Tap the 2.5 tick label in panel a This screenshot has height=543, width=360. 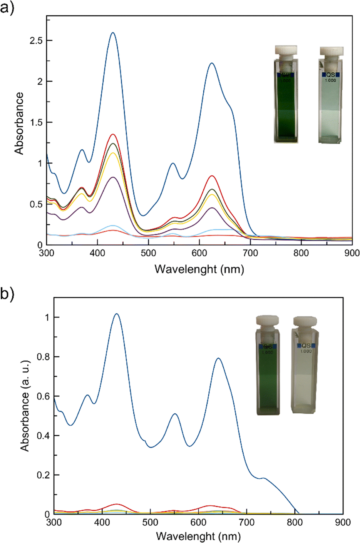coord(36,40)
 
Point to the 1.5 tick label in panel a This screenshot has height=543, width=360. coord(36,122)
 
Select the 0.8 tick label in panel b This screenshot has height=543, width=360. coord(44,357)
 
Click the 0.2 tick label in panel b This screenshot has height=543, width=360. coord(44,475)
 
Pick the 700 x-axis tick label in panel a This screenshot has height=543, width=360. coord(250,253)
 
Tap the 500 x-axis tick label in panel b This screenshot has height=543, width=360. coord(150,522)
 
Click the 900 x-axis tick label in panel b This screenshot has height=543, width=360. coord(343,522)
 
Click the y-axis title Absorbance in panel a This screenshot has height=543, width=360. coord(19,123)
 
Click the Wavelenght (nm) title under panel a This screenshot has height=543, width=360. coord(199,269)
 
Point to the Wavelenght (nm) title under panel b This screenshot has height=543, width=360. coord(198,536)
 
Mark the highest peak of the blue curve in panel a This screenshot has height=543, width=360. coord(113,33)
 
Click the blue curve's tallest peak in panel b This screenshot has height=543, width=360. coord(116,314)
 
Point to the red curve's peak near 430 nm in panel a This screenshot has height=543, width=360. coord(113,134)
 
